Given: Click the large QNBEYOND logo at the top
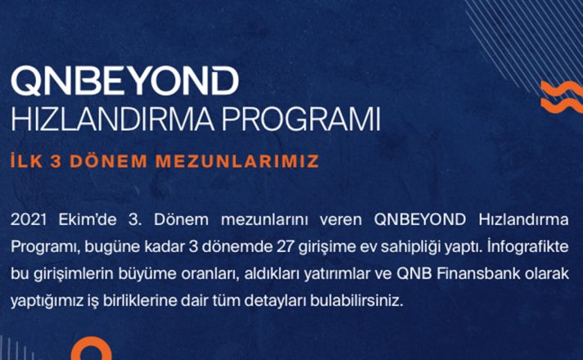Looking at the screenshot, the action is point(125,81).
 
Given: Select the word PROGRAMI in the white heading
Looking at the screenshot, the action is point(301,119).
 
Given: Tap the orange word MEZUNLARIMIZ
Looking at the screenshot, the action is point(237,161).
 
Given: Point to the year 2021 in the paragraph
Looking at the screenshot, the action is point(29,219).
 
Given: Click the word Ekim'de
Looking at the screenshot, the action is point(88,219).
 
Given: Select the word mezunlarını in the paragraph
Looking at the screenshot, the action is point(264,220).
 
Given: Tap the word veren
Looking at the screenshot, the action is point(341,220).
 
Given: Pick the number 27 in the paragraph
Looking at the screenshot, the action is point(286,247).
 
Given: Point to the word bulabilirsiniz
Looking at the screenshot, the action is point(357,301).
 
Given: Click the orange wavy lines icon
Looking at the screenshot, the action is point(562,97).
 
